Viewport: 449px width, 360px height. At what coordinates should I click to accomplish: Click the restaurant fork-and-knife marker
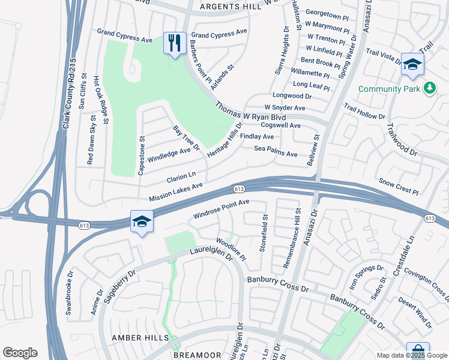tap(175, 43)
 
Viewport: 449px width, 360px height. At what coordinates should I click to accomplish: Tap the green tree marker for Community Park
tap(429, 89)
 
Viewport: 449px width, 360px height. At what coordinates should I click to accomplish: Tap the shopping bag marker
tap(417, 351)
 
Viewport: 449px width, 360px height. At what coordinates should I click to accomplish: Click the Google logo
tap(20, 353)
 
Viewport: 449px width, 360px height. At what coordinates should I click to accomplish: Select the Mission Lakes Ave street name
tap(176, 193)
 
